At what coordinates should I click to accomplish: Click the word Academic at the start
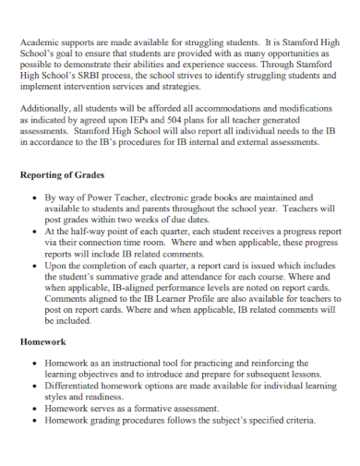pyautogui.click(x=39, y=43)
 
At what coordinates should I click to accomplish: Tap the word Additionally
pyautogui.click(x=47, y=109)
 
